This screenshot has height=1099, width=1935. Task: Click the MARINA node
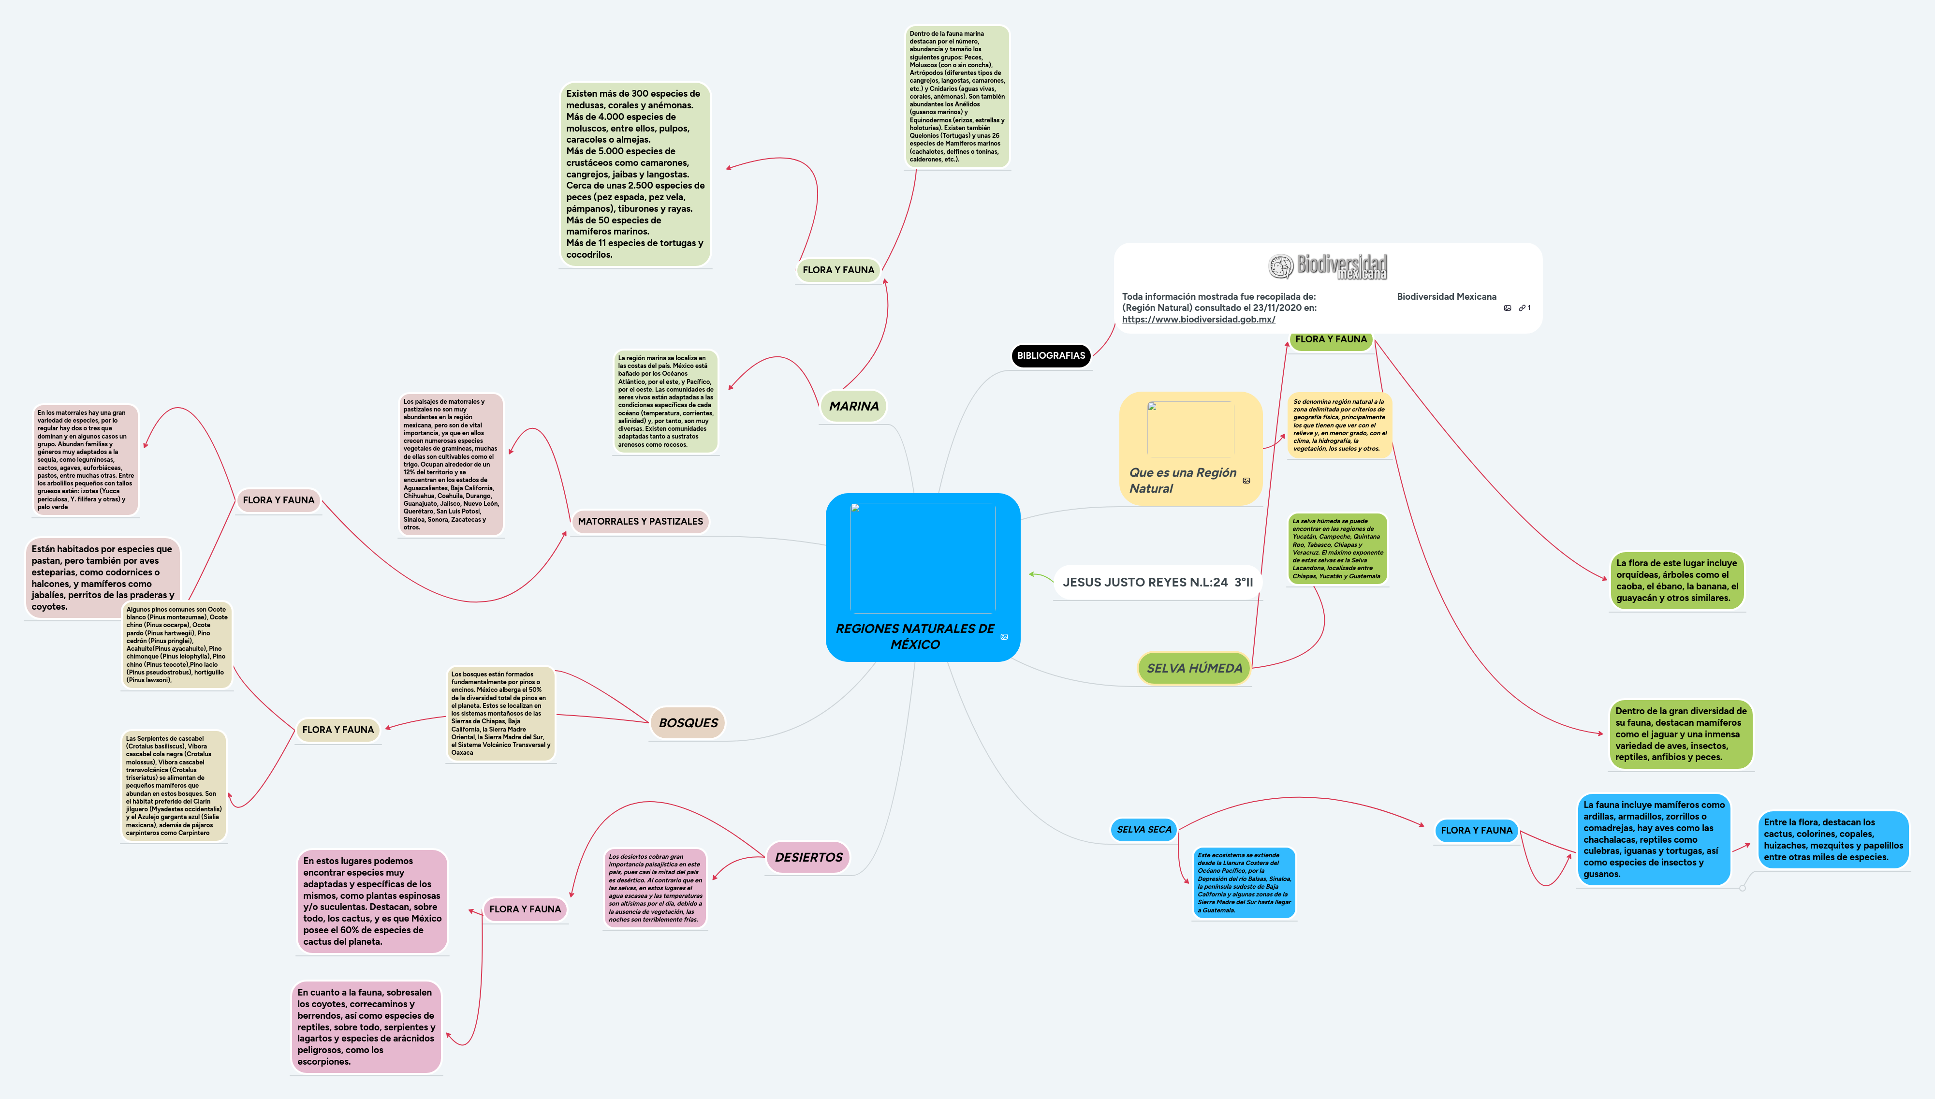[x=853, y=406]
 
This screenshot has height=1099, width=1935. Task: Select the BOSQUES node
[x=688, y=722]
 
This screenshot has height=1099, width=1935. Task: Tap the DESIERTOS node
[x=808, y=857]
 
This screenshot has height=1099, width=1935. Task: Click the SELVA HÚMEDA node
[x=1194, y=668]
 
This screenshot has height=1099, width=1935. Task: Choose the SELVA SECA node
[x=1143, y=830]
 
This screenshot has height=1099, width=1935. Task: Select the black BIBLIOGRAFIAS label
[x=1051, y=355]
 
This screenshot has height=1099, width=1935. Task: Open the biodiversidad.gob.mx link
[x=1199, y=319]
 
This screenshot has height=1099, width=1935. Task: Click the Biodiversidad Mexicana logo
[x=1328, y=266]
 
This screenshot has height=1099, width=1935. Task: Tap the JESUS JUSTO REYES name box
[x=1157, y=582]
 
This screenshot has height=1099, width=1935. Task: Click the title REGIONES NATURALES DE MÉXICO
[x=915, y=636]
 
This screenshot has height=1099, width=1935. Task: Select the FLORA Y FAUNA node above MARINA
[x=838, y=269]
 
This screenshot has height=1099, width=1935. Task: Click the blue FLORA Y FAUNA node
[x=1476, y=830]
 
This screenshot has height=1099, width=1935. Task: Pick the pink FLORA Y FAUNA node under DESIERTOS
[x=525, y=909]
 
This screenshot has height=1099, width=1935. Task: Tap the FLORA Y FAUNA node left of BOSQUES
[x=337, y=730]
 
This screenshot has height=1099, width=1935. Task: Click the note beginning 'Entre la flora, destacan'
[x=1833, y=839]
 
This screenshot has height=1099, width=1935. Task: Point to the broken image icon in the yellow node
[x=1152, y=407]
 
